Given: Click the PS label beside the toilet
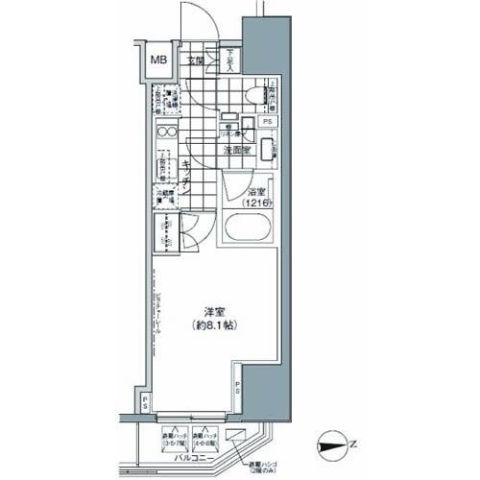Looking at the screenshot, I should (268, 122).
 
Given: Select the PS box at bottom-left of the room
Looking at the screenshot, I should (144, 400).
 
